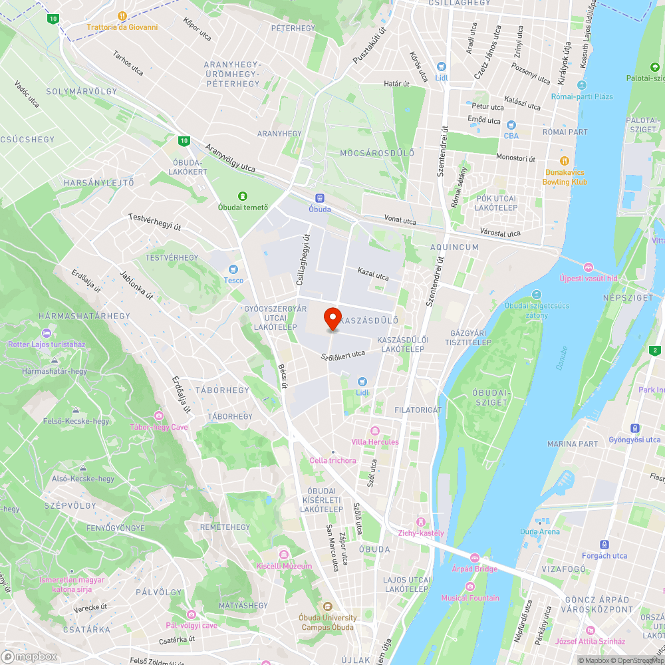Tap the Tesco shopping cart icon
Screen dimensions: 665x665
(233, 269)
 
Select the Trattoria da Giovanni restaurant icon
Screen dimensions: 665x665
(122, 16)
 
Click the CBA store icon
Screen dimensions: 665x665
(511, 124)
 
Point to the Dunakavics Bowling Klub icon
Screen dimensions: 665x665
(564, 161)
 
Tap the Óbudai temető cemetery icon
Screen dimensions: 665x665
(243, 196)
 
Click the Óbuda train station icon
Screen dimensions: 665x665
(320, 198)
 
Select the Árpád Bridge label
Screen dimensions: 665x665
(475, 569)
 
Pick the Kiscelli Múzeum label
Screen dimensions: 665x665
(284, 566)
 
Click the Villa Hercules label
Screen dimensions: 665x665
(375, 442)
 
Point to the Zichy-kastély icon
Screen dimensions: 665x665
(420, 521)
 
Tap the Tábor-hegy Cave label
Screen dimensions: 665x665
(159, 426)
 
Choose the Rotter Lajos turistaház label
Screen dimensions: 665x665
(47, 344)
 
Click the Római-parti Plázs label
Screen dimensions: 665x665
(582, 96)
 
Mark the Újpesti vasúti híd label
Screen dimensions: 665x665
(588, 278)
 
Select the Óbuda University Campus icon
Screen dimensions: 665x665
(327, 606)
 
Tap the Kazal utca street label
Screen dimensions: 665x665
(373, 273)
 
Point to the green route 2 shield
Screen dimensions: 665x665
(655, 350)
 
